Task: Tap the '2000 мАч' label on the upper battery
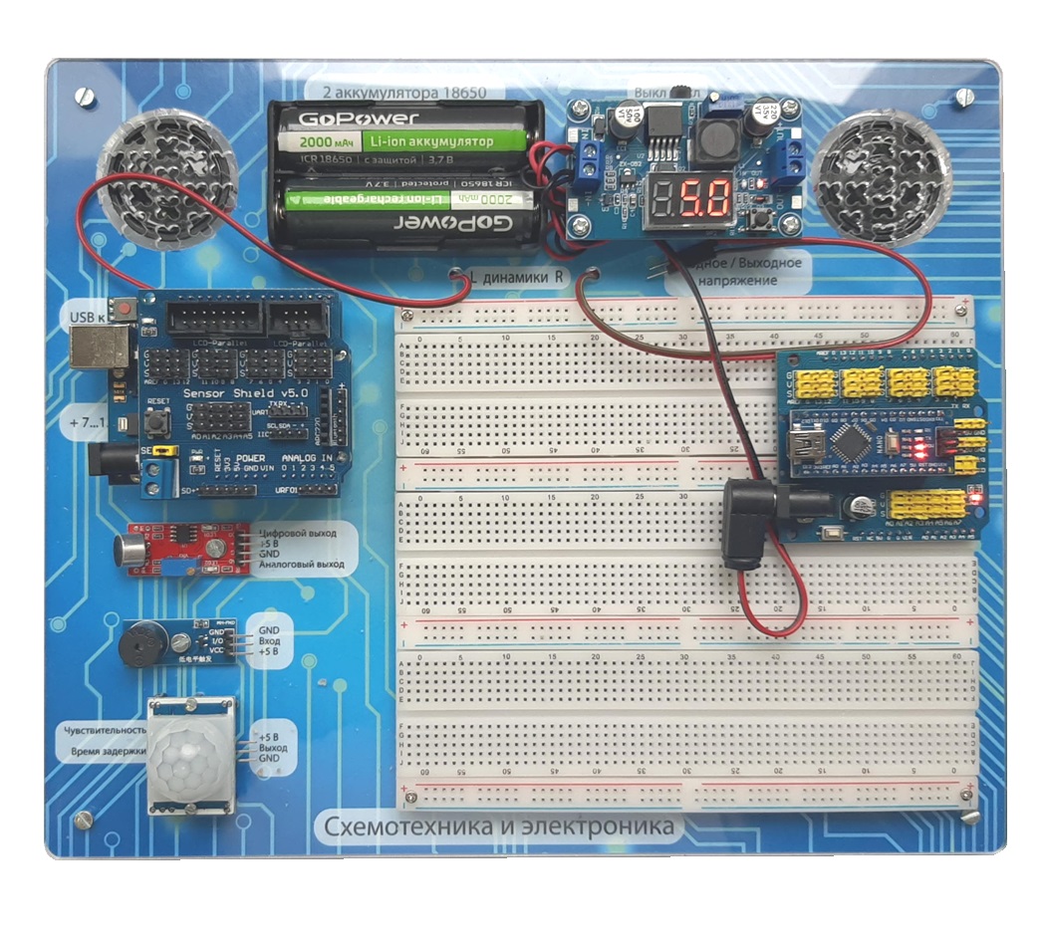click(x=318, y=141)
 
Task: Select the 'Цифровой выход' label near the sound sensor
click(x=298, y=533)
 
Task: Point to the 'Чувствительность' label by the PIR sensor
click(x=104, y=731)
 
